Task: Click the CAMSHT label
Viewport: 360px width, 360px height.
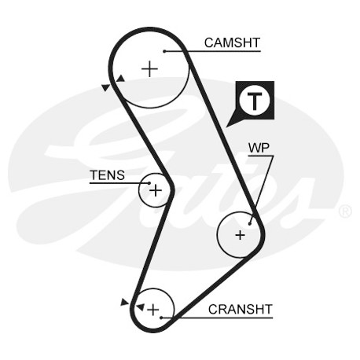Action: tap(232, 42)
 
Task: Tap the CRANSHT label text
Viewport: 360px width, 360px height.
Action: tap(241, 310)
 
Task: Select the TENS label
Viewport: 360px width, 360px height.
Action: tap(107, 175)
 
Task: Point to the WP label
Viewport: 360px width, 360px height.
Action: tap(259, 149)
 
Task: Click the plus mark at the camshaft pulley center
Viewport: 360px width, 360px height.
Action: tap(149, 69)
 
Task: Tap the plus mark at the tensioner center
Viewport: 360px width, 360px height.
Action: tap(156, 190)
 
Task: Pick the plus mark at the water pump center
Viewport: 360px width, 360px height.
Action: tap(240, 235)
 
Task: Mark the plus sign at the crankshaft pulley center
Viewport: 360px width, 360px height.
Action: tap(153, 310)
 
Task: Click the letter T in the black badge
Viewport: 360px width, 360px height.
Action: tap(255, 101)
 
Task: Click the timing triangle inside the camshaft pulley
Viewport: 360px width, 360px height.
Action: tap(121, 79)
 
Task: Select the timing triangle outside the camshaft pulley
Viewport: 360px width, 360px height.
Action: tap(106, 87)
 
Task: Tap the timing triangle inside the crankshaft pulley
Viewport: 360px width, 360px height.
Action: tap(141, 307)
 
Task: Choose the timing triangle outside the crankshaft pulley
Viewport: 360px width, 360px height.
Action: tap(124, 302)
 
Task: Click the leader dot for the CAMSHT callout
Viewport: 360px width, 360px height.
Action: tap(164, 51)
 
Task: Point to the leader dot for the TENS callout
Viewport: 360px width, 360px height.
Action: tap(149, 183)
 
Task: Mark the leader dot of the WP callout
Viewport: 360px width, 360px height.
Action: tap(250, 224)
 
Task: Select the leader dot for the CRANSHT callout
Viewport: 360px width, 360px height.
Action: tap(162, 318)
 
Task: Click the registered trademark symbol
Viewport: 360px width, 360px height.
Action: tap(345, 211)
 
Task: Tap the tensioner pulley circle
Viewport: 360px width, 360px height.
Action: tap(139, 190)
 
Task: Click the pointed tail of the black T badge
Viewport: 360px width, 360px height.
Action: tap(227, 127)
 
